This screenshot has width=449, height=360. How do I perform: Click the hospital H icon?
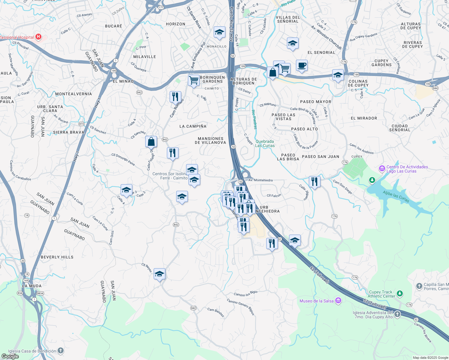click(x=38, y=37)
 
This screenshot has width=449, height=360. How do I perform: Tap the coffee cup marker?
click(x=302, y=65)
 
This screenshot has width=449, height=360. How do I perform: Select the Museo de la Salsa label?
click(x=317, y=301)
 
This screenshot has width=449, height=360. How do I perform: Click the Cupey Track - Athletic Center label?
click(x=381, y=294)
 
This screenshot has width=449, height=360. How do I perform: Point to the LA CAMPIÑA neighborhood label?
click(x=193, y=126)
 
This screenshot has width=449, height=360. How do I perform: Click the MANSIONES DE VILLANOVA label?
click(x=210, y=141)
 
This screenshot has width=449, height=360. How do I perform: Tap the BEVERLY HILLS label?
click(x=57, y=257)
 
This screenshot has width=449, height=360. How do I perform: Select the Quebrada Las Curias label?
click(x=265, y=143)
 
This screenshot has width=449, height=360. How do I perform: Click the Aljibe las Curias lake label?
click(x=396, y=196)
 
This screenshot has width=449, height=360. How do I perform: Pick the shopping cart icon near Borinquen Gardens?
click(x=194, y=80)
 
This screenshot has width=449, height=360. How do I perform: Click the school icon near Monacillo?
click(x=219, y=32)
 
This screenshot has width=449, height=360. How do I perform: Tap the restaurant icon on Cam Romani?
click(x=175, y=97)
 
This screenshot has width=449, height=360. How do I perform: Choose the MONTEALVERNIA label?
click(x=74, y=94)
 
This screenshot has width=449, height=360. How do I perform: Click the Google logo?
click(x=10, y=356)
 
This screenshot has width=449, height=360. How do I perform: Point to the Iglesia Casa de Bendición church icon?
click(x=61, y=351)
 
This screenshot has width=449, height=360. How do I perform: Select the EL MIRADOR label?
click(x=364, y=118)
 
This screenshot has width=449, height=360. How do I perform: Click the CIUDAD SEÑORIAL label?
click(x=399, y=128)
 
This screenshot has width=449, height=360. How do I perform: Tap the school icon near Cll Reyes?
click(x=159, y=274)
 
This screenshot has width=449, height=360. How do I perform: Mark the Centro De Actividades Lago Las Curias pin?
click(x=382, y=169)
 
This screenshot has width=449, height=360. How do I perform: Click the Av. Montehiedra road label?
click(x=261, y=180)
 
